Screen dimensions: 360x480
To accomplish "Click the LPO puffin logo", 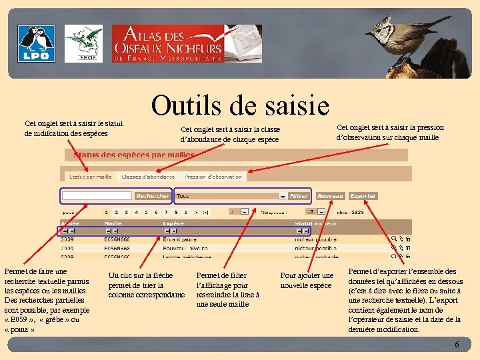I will click(37, 43).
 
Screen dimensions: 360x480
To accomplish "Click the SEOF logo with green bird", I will click(83, 43).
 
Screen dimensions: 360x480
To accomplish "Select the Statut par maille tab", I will click(90, 177).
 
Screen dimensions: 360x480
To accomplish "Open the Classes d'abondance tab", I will click(148, 177).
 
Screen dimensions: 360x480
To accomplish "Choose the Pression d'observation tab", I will click(213, 177).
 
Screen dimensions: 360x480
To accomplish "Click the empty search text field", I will click(97, 196).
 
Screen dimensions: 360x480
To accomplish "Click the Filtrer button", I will click(299, 196).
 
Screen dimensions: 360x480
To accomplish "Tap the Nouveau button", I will click(330, 196).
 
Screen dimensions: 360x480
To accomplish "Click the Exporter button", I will click(363, 196).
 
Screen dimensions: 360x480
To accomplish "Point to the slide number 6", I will click(457, 345).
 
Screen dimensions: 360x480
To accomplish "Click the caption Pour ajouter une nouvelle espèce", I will click(307, 280).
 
